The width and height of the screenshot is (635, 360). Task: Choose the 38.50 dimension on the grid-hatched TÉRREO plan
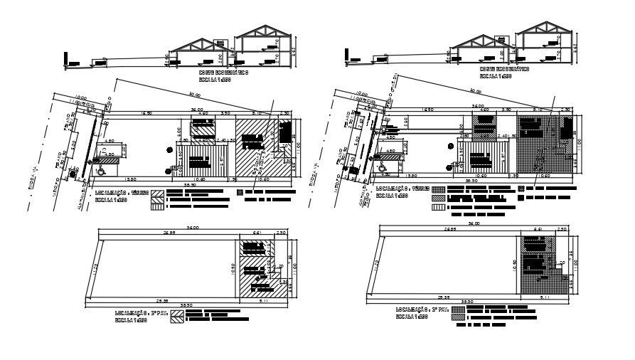pos(471,181)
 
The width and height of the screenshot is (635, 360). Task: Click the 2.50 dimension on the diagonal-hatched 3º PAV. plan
pos(282,232)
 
